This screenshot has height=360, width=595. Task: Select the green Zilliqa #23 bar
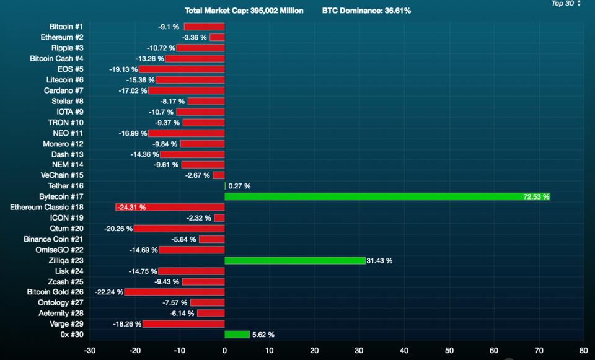point(295,260)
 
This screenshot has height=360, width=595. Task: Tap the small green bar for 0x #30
point(237,335)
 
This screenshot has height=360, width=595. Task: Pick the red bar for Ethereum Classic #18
point(170,207)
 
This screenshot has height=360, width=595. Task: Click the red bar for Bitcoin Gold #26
point(175,292)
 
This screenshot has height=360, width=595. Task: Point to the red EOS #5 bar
point(182,69)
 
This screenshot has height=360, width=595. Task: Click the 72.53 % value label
point(536,196)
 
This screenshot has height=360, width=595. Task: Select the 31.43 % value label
point(380,261)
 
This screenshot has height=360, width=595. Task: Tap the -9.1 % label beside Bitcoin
point(169,27)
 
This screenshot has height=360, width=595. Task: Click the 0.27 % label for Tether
point(239,186)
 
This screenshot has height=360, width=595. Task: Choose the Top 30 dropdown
point(566,4)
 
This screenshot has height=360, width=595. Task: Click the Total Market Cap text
point(244,11)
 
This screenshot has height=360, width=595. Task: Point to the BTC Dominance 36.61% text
point(366,11)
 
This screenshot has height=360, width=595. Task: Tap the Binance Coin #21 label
point(53,239)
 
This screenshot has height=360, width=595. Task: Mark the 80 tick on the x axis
point(583,350)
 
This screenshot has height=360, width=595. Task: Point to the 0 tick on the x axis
point(224,350)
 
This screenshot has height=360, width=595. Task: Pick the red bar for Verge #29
point(183,323)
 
